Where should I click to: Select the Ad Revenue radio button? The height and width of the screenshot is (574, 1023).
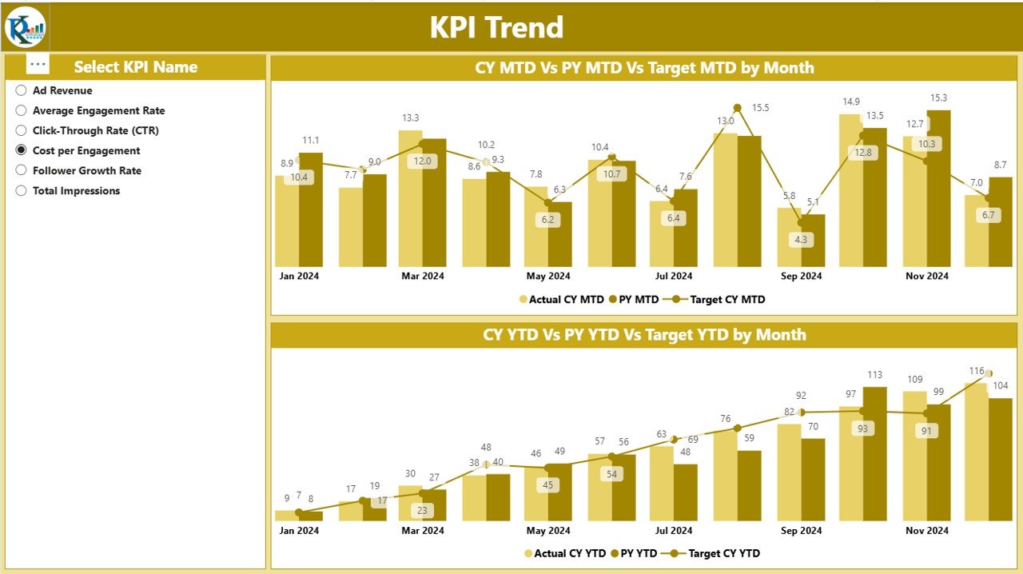22,91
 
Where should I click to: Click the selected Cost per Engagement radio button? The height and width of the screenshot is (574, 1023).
22,150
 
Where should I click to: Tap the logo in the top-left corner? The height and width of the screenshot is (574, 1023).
26,27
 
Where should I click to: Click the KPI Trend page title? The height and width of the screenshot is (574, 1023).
496,28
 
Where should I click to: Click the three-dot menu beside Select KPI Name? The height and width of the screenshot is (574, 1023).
38,65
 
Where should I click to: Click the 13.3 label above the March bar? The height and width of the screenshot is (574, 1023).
410,118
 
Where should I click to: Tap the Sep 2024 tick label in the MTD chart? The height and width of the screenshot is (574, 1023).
800,276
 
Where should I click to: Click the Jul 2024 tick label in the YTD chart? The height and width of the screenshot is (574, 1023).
674,531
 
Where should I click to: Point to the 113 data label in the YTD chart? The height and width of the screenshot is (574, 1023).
874,375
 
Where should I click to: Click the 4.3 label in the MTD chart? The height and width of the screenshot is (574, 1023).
802,239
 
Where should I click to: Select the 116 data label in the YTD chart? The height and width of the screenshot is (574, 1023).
976,371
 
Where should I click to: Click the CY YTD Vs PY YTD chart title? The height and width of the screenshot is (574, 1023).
644,335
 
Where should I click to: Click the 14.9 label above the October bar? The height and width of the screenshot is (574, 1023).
851,102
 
